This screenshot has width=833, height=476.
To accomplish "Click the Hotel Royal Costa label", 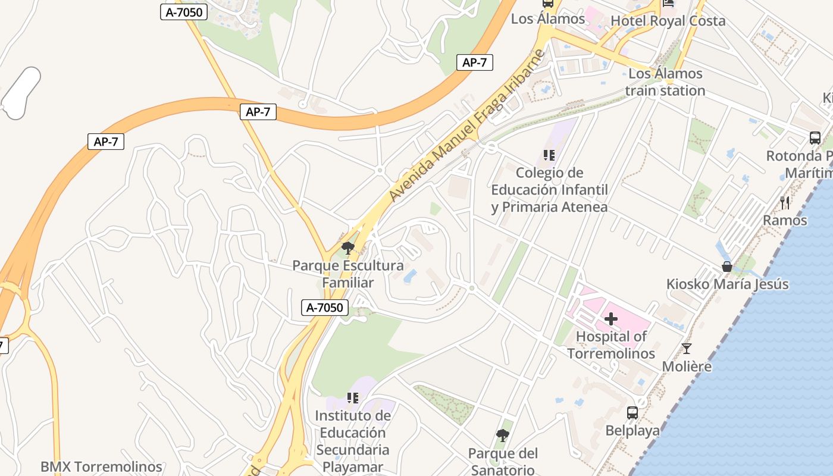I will tap(668, 21).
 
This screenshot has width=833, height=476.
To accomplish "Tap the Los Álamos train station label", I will tap(665, 83).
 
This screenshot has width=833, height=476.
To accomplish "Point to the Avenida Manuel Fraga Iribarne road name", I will tap(467, 127).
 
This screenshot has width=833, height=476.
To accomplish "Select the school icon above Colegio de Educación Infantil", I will tap(549, 156).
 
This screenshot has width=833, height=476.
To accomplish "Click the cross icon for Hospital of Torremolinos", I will tap(611, 319).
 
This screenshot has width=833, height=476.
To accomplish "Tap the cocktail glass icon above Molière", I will tap(687, 349).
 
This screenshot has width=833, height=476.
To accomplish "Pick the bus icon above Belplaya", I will tap(632, 412).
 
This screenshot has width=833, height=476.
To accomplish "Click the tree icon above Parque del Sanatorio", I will tap(503, 436).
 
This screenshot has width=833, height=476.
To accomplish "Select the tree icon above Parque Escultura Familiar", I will tap(348, 248).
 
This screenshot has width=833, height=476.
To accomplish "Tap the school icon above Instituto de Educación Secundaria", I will tap(353, 397).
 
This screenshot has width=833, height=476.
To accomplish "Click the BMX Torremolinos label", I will tap(101, 467).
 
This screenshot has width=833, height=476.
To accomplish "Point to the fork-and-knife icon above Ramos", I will tap(785, 203).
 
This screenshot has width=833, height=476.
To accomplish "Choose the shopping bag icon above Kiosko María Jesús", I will tap(727, 266).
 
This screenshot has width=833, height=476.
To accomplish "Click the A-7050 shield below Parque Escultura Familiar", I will tap(324, 308).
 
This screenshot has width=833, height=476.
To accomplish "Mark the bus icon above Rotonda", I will tap(815, 138).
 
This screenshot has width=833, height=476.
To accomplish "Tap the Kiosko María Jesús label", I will tap(727, 284).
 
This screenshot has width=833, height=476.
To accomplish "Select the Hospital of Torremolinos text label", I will tap(611, 345).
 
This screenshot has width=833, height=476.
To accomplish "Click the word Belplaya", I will tap(632, 430).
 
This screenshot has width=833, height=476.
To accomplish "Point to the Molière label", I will tap(687, 367).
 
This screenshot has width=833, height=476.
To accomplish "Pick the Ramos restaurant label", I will tap(785, 221).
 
